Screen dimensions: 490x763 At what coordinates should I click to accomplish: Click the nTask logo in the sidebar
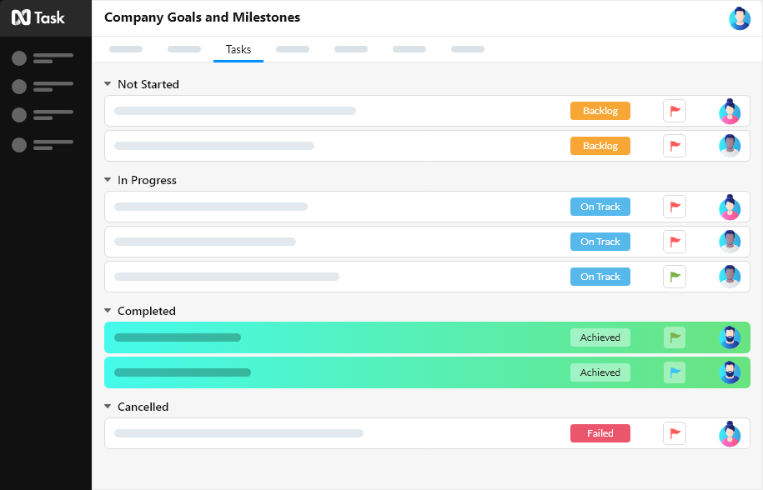coord(38,17)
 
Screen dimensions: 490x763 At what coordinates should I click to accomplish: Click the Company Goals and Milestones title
coord(202,17)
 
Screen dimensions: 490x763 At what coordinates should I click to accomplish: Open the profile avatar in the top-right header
coord(739,18)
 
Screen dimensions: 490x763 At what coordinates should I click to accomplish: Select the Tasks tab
coord(238,50)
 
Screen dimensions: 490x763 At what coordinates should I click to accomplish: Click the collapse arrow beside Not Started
coord(108,84)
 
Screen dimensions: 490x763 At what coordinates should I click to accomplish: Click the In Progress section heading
coord(147,180)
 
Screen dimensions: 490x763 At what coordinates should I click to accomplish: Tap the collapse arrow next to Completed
coord(108,311)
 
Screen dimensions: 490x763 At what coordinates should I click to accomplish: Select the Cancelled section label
coord(143,407)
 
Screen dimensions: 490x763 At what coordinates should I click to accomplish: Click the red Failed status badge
coord(600,433)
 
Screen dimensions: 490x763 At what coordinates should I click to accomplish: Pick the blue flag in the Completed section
coord(675,372)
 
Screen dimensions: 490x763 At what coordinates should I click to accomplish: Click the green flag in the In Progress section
coord(675,277)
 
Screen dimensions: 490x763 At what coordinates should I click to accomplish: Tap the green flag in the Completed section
coord(675,337)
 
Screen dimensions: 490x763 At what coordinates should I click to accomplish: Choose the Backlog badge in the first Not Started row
coord(600,111)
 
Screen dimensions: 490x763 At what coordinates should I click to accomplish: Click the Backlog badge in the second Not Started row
coord(600,146)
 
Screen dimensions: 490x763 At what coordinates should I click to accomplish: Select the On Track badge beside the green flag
coord(600,277)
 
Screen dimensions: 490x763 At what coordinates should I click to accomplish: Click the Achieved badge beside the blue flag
coord(600,372)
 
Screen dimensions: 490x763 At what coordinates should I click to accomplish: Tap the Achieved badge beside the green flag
coord(600,337)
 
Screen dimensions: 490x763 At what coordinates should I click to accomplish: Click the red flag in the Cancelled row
coord(675,433)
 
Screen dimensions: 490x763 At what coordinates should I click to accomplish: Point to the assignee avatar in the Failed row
coord(730,433)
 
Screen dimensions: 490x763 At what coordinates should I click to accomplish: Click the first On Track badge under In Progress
coord(600,207)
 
